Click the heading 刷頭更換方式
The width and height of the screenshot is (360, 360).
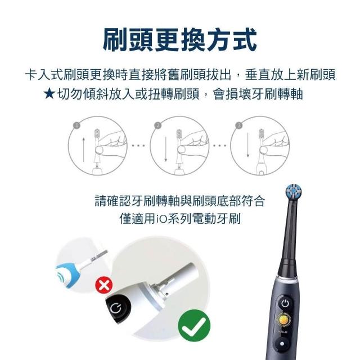(180, 39)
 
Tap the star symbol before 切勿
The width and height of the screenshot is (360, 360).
(49, 94)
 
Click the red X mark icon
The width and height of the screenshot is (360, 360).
(103, 285)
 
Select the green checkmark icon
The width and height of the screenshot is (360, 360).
(194, 325)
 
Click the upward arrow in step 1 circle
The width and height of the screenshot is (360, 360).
(84, 150)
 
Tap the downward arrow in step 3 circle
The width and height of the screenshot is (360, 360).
(247, 145)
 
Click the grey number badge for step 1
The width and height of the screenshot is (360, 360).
(76, 125)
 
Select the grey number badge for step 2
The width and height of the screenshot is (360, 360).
(158, 125)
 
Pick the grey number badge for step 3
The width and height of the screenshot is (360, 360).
(239, 125)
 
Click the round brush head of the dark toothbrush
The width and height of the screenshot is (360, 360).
(294, 192)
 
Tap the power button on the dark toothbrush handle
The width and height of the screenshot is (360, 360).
(285, 304)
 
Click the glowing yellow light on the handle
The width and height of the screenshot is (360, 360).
(283, 319)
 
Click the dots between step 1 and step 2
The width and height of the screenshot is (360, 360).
(138, 145)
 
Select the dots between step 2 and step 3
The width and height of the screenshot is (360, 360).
(220, 145)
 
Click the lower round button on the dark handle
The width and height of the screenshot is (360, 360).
(282, 344)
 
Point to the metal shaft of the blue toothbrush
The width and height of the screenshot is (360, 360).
(99, 256)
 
